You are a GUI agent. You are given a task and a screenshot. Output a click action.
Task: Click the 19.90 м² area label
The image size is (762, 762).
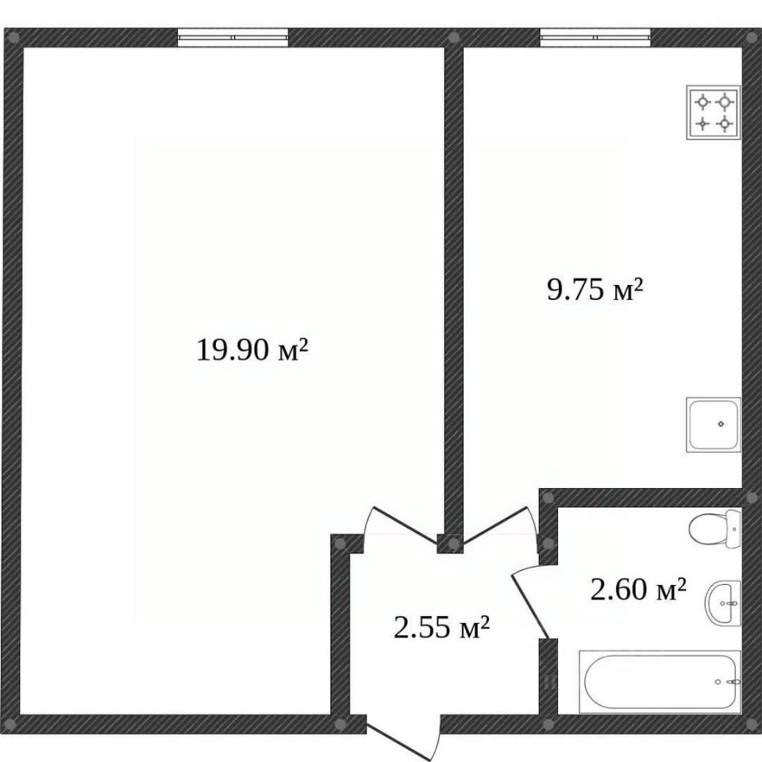click(x=252, y=349)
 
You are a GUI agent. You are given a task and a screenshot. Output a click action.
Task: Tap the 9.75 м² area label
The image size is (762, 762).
click(x=595, y=290)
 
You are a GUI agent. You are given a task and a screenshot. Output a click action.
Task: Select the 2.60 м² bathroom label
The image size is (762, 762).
click(x=638, y=589)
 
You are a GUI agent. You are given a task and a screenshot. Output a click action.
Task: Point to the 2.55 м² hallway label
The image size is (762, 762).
click(x=441, y=627)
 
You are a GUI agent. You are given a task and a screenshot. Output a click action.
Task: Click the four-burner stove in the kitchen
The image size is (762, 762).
click(x=714, y=113)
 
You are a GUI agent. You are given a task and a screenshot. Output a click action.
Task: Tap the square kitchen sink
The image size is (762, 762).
click(x=714, y=425)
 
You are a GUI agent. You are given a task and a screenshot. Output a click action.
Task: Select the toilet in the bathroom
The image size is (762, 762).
click(x=715, y=529)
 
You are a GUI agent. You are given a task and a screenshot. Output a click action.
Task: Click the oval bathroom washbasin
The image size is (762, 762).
click(x=723, y=603)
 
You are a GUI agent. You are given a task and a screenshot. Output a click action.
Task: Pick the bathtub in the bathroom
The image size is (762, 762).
click(x=660, y=683)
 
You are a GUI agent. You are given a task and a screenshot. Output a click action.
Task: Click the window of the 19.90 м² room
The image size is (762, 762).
click(x=233, y=37)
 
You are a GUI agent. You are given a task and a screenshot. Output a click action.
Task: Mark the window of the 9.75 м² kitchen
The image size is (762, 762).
click(x=595, y=37)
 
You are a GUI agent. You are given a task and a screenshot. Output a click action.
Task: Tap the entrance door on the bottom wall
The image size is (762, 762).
click(x=403, y=739)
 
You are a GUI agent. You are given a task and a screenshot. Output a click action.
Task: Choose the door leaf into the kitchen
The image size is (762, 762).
click(x=495, y=525)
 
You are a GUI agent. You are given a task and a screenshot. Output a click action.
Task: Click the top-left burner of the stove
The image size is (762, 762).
click(x=702, y=102)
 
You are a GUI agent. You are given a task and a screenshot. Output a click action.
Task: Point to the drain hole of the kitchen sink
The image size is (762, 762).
click(x=722, y=424)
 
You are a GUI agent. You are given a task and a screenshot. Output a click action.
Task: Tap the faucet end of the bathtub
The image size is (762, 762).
click(x=728, y=682)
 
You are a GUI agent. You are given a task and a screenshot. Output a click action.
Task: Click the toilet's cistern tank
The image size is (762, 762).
click(x=733, y=529)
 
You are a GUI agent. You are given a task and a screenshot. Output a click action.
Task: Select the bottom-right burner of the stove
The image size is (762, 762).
click(x=725, y=124)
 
